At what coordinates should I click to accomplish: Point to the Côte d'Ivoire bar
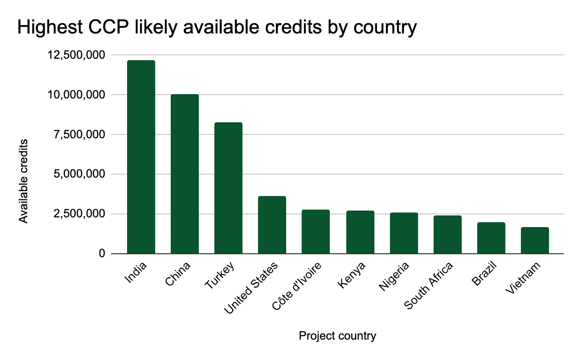(316, 231)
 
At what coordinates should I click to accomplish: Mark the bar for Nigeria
(404, 233)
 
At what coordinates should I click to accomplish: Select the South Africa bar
(447, 234)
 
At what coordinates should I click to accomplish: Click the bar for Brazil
(491, 238)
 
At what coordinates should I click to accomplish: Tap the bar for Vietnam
(534, 240)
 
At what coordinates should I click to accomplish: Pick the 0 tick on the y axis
(102, 254)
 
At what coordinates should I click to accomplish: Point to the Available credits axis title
(23, 181)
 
